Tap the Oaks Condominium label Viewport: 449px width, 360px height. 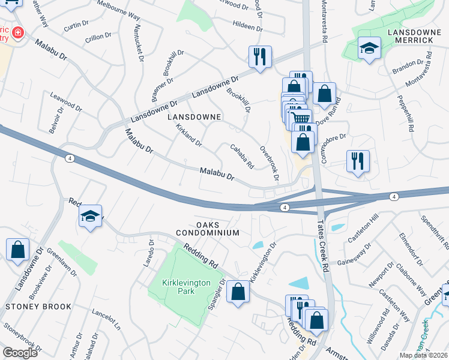click(x=208, y=227)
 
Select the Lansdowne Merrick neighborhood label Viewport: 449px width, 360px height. click(x=410, y=35)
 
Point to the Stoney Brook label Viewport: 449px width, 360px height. click(x=38, y=307)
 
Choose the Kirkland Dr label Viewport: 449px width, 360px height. click(x=188, y=136)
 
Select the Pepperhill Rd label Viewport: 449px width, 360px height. click(x=406, y=113)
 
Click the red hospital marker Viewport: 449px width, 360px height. click(x=18, y=32)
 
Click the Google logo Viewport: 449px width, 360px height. click(x=20, y=353)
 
